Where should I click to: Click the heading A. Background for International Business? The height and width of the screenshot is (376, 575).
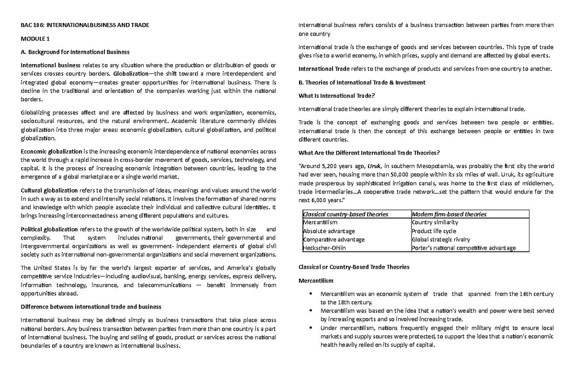75,52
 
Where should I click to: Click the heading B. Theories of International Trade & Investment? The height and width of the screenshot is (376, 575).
361,82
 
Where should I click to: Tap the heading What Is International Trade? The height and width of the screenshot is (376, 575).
336,95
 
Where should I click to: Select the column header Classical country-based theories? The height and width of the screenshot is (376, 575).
345,214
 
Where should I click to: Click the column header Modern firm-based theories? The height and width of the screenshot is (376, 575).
449,214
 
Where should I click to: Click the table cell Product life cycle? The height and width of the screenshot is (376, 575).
434,231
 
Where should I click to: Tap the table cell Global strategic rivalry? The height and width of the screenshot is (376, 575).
441,239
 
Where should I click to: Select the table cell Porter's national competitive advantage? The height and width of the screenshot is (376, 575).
463,248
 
